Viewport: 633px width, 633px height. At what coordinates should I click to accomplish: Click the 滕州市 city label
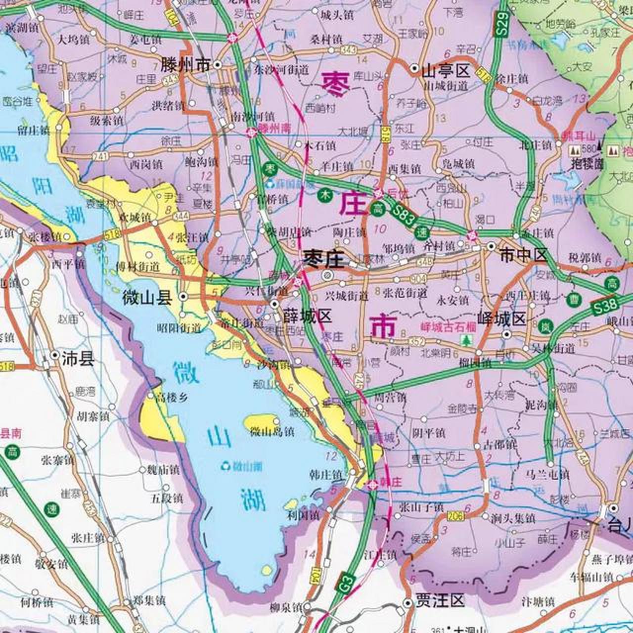[x=186, y=65]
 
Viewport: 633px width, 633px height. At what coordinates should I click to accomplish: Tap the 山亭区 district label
[x=446, y=71]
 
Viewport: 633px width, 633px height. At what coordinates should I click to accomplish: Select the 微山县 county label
[x=147, y=297]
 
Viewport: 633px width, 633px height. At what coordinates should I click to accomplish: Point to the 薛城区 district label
[x=308, y=316]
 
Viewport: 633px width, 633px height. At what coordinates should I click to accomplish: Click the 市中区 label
[x=524, y=255]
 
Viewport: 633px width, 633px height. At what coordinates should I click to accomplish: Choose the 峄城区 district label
[x=501, y=319]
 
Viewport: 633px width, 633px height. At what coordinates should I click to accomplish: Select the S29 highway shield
[x=503, y=23]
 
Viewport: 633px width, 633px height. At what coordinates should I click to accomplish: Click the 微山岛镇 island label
[x=272, y=432]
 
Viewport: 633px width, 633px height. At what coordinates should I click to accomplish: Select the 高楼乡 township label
[x=172, y=397]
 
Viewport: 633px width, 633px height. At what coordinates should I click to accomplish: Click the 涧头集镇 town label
[x=513, y=518]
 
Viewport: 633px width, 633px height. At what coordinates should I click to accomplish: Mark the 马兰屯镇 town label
[x=547, y=475]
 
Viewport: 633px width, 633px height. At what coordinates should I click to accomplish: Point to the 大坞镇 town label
[x=74, y=39]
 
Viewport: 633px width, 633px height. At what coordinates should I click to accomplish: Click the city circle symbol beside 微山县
[x=183, y=297]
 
